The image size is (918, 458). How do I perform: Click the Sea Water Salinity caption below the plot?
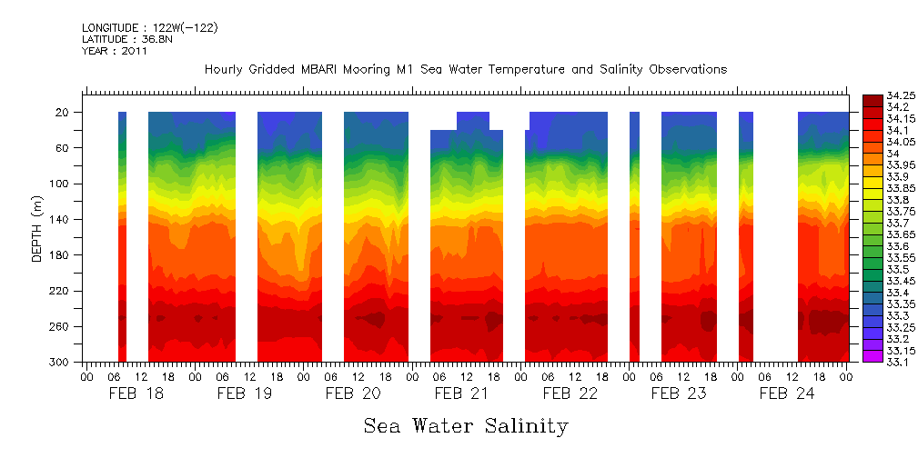(466, 425)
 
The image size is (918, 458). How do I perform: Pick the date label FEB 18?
(136, 393)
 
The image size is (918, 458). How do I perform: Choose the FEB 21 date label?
(461, 393)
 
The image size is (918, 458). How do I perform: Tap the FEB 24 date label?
(787, 393)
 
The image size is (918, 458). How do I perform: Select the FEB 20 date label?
(353, 393)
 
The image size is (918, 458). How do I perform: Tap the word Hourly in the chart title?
(223, 70)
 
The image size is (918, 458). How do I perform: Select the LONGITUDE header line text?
(149, 28)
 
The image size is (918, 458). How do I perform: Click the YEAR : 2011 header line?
(114, 51)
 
